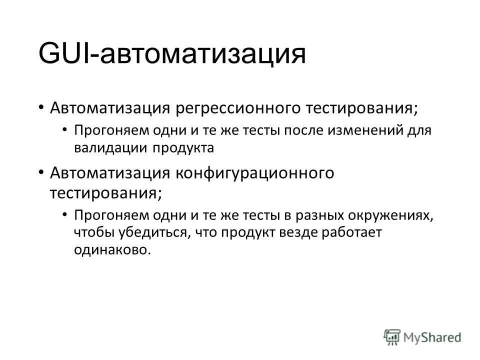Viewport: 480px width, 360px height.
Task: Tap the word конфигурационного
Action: click(x=254, y=173)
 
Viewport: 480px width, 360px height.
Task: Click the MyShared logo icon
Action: click(x=392, y=337)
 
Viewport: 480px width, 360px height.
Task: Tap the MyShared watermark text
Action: click(x=433, y=337)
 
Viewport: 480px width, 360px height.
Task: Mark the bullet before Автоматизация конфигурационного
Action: click(x=41, y=173)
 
